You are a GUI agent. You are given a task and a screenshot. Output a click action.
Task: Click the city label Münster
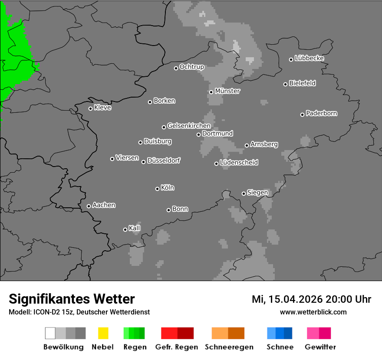(227, 91)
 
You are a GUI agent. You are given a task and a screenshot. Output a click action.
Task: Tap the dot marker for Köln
(157, 189)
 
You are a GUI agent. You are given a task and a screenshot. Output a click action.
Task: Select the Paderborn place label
(321, 113)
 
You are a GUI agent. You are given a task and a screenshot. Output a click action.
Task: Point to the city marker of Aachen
(89, 206)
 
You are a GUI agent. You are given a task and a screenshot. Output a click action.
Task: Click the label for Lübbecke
(309, 58)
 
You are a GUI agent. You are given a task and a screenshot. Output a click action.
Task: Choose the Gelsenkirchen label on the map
(189, 126)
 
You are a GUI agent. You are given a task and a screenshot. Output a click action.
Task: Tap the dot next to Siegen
(244, 193)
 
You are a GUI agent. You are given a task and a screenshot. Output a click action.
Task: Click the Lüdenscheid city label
(239, 163)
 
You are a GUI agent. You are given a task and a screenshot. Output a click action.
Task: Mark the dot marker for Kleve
(90, 108)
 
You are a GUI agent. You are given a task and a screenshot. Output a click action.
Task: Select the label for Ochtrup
(191, 67)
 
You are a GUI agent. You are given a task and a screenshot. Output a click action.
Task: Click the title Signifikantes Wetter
(72, 299)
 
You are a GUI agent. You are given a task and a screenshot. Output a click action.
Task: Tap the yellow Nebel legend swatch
(103, 333)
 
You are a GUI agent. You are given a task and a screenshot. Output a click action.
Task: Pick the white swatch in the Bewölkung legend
(50, 333)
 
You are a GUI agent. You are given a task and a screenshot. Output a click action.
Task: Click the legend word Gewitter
(320, 347)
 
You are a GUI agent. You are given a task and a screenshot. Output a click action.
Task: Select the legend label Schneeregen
(229, 347)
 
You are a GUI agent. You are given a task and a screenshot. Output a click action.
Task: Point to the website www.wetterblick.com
(313, 312)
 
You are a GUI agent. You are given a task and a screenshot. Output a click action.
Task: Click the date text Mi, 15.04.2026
(287, 299)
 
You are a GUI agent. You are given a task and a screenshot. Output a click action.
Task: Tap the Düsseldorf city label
(164, 160)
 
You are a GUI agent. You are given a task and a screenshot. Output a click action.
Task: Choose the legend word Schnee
(280, 347)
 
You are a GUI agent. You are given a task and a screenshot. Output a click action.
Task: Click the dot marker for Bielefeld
(286, 84)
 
